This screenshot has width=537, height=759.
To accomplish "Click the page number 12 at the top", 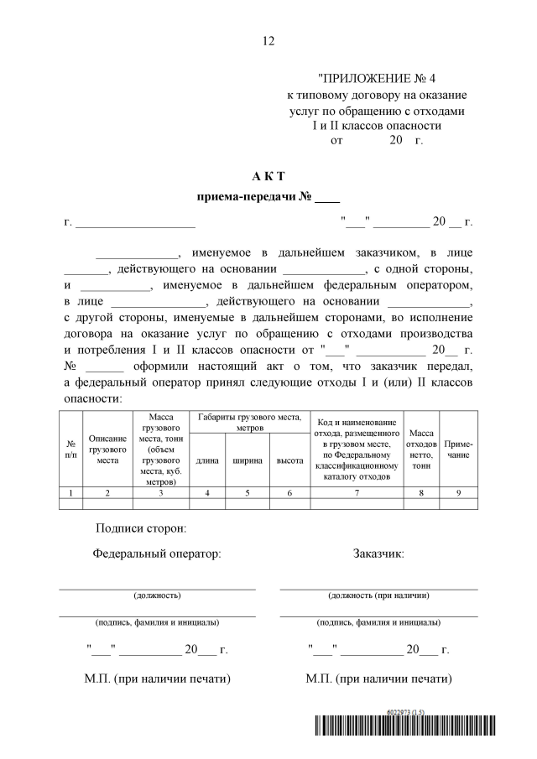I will (268, 40).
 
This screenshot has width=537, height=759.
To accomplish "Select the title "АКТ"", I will (268, 176).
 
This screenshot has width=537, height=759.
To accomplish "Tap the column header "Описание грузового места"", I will (107, 449).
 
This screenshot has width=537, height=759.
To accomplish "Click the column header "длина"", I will (207, 460).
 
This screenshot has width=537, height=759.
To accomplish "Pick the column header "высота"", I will (289, 460).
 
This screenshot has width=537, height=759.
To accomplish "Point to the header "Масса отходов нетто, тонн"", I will (421, 449).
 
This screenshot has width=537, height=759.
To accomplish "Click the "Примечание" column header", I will (458, 449).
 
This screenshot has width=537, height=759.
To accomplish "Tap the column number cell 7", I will (357, 493).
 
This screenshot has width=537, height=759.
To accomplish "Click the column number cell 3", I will (160, 493).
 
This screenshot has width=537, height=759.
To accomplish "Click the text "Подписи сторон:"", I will (142, 528).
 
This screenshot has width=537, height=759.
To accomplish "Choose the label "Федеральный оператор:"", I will (158, 554).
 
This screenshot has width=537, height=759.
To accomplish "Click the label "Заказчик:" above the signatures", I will (379, 554).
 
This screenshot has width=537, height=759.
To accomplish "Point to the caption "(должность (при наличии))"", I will (379, 595).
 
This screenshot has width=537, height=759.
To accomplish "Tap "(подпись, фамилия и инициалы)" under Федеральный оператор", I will (158, 622).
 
